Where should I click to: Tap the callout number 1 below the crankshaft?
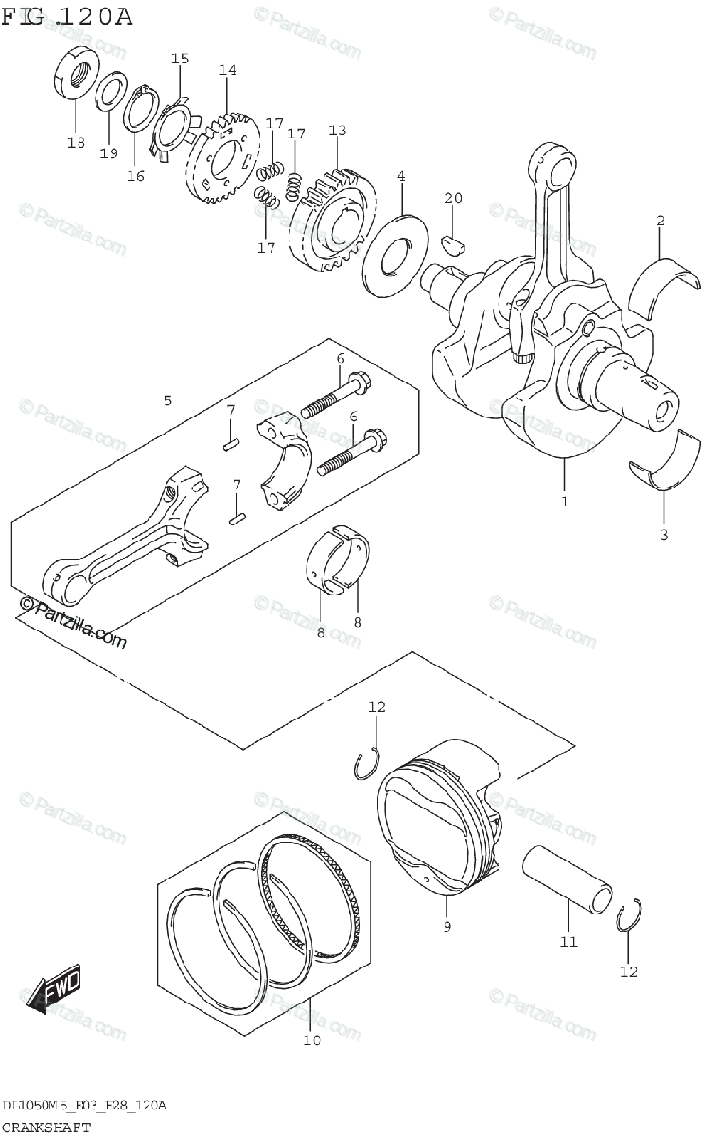point(564,502)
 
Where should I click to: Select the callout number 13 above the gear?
point(338,130)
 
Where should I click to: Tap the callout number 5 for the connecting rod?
point(167,400)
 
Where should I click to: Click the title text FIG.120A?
point(66,16)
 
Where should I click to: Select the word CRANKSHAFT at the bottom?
point(46,1127)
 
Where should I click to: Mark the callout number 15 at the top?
point(180,59)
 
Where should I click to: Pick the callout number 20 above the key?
point(453,198)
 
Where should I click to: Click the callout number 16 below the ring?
point(136,175)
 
